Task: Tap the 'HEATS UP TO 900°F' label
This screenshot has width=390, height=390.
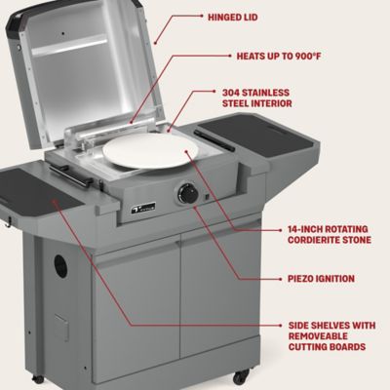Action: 277,57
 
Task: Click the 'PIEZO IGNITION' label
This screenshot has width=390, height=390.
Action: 321,278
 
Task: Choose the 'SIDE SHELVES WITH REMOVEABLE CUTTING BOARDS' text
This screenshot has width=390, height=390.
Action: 331,334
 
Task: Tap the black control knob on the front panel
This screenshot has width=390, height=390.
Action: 188,193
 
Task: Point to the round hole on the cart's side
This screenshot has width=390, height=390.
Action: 61,266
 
